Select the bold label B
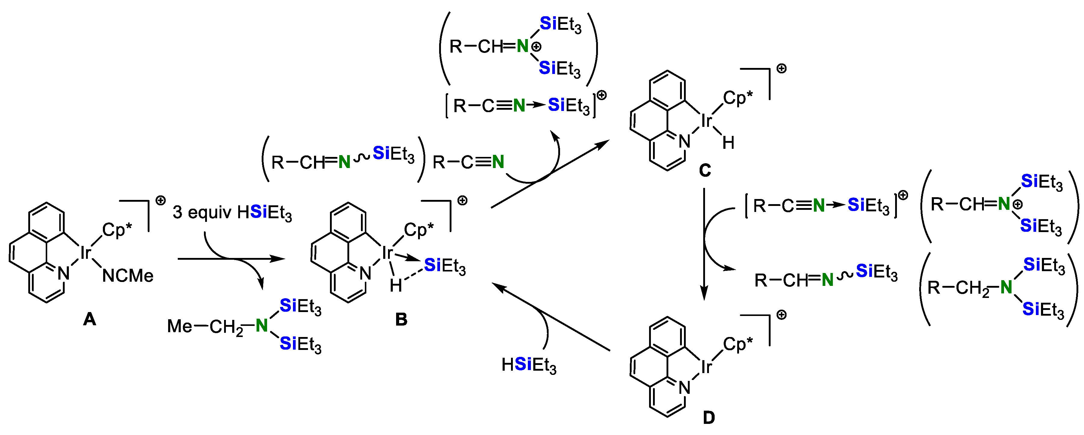pos(401,320)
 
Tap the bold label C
pos(705,170)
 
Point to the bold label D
pos(709,418)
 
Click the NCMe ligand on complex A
pos(128,276)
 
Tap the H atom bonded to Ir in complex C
pos(728,143)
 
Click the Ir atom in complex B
pos(387,253)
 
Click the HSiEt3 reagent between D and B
pos(529,364)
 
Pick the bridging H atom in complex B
pos(396,286)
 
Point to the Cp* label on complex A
pos(117,230)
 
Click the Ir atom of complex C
pos(707,121)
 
